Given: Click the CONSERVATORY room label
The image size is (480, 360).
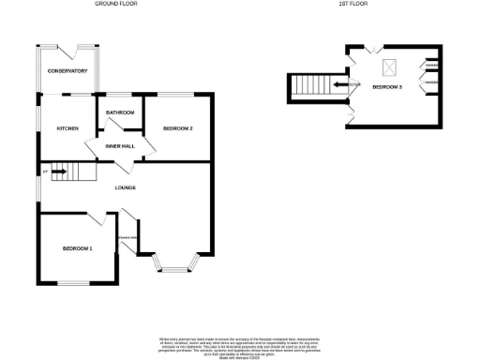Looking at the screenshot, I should (x=67, y=71).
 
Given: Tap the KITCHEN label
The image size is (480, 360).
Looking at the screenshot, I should (x=67, y=128).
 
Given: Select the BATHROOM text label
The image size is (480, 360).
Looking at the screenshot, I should (x=120, y=112).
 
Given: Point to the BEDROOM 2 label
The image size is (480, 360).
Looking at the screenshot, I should (x=177, y=128).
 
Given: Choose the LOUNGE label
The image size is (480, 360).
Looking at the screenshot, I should (x=126, y=187).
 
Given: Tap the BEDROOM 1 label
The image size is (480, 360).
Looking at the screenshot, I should (x=77, y=248).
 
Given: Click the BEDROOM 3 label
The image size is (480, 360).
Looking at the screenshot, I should (x=387, y=87).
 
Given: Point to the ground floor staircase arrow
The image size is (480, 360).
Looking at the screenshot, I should (x=57, y=172).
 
